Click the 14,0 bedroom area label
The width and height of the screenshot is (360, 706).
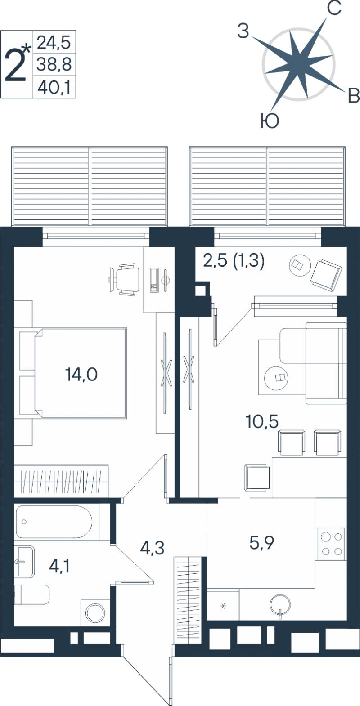coord(81,375)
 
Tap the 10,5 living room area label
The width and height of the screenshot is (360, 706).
coord(262,422)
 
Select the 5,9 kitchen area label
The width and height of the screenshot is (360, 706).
coord(261,543)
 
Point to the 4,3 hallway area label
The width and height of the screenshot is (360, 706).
coord(153,548)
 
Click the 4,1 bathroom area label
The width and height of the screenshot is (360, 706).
coord(59,566)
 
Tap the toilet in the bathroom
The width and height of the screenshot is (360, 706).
coord(32,594)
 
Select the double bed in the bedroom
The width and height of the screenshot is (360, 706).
coord(81,373)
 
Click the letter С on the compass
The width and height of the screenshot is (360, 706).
coord(334,9)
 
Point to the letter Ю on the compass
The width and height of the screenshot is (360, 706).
coord(270,121)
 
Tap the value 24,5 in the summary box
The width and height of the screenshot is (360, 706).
coord(53,43)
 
